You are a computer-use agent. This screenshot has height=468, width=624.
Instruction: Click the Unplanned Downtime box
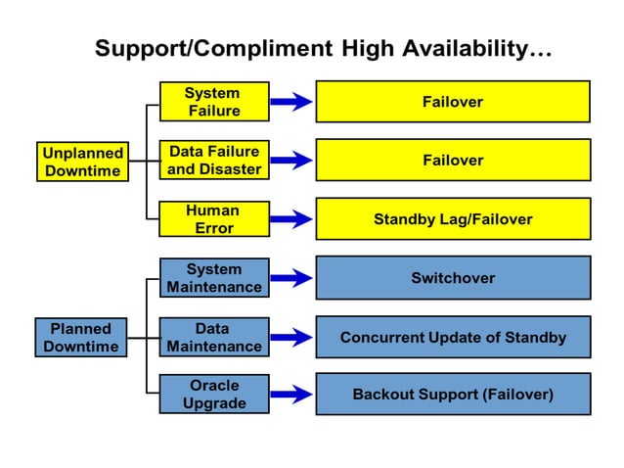tap(82, 162)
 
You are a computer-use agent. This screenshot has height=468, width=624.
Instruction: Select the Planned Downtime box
tap(81, 337)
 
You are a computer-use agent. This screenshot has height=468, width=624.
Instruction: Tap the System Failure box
tap(213, 102)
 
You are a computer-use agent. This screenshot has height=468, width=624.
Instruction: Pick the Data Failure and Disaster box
tap(213, 161)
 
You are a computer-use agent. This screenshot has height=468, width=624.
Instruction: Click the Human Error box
tap(213, 219)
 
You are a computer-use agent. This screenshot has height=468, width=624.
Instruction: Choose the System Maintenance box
tap(213, 278)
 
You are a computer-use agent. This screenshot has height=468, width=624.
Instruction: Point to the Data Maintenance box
tap(213, 337)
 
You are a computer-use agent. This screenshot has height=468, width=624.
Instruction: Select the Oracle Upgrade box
tap(213, 395)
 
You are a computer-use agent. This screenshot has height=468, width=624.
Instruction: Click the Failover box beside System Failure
tap(452, 102)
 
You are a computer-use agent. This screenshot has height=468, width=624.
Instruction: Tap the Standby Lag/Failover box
tap(452, 219)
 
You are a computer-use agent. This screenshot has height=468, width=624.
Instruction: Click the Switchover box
tap(452, 278)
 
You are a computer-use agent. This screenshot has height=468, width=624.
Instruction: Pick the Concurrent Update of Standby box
tap(452, 337)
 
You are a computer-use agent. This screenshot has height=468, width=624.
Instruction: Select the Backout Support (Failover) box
tap(452, 395)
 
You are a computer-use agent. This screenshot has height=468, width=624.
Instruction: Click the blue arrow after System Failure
tap(291, 102)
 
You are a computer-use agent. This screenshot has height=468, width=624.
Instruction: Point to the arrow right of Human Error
tap(291, 219)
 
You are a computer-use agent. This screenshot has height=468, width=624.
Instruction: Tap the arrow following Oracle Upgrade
tap(291, 395)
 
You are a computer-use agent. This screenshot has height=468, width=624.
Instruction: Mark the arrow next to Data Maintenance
tap(291, 337)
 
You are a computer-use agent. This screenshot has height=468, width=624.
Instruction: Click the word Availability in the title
tap(462, 48)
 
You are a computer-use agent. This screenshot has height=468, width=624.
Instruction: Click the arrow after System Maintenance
tap(291, 278)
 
